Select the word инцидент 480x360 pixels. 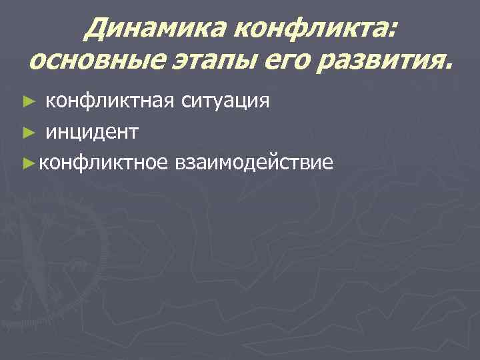(92, 132)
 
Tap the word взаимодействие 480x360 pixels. (253, 163)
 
